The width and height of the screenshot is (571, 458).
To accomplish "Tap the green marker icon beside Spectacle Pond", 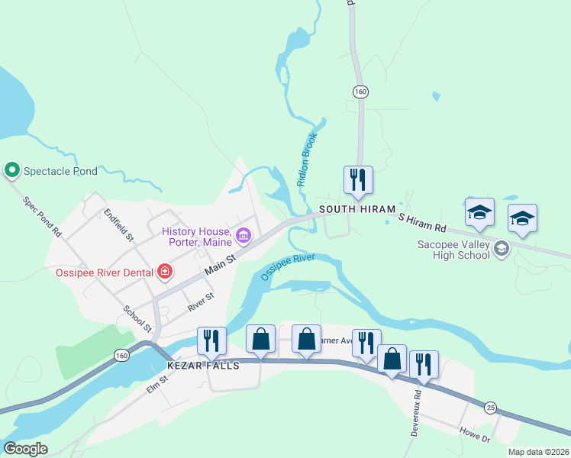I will pos(12,170).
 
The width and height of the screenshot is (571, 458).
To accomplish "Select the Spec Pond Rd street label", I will pos(42,216).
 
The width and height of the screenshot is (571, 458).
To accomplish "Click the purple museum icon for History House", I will pos(244,234).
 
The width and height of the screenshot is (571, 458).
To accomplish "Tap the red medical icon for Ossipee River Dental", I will pos(163,271).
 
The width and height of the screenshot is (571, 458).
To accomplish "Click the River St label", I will pos(201,302).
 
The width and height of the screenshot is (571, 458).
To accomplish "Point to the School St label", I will pos(138,320).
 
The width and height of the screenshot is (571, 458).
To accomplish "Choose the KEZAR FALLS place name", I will pos(204,366).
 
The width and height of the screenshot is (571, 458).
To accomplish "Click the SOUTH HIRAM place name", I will pos(357,209).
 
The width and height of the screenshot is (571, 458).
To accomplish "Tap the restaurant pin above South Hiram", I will pos(358,181).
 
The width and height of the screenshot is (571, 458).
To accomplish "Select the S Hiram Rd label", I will pos(422,222).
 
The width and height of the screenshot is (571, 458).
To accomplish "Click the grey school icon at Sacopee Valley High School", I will pos(502,248).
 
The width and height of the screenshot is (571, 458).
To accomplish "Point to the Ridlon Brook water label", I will pos(307,159).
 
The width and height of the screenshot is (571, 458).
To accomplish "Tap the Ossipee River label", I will pos(288,267).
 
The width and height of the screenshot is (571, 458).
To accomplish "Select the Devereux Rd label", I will pos(417,411).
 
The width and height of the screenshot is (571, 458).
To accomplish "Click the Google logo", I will pos(25,449).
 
